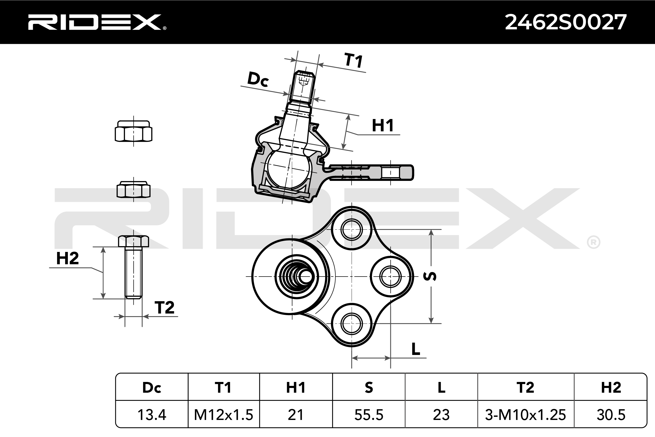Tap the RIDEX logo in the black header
[96, 22]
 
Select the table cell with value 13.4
[152, 414]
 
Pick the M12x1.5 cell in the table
[224, 414]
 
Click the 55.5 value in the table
[369, 414]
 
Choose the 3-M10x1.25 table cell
[525, 414]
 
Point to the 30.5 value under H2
[611, 414]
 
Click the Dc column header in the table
[152, 387]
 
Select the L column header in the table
[441, 387]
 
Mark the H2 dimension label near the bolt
[67, 258]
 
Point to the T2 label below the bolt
[164, 308]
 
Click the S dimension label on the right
[430, 276]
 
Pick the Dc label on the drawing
[258, 79]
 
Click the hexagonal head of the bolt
[134, 241]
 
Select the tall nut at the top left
[134, 132]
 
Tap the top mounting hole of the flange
[351, 229]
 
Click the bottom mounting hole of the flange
[351, 323]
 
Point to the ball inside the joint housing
[288, 169]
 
